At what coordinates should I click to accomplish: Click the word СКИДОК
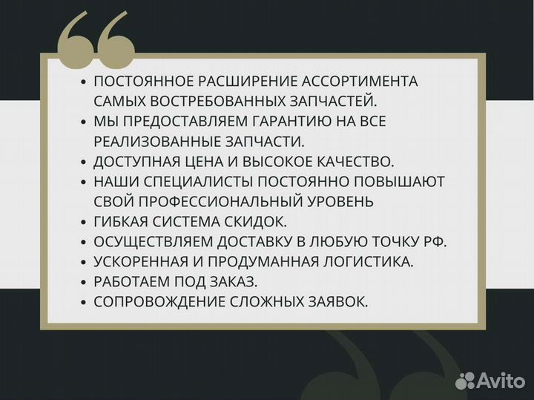(x=259, y=221)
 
